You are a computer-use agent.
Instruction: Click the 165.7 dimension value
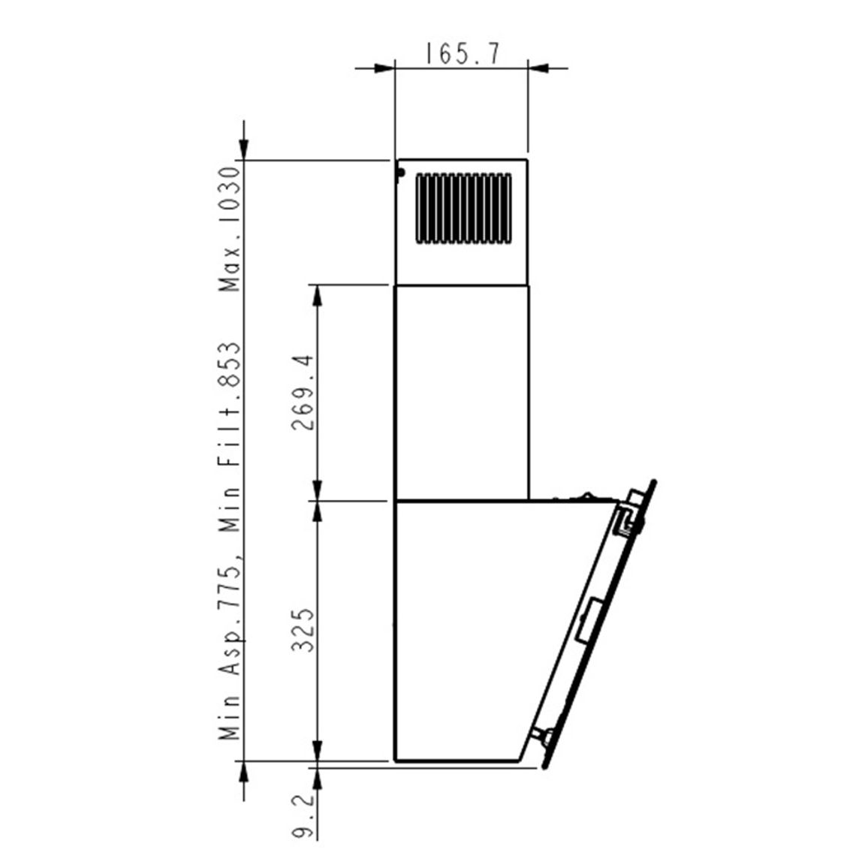(x=463, y=54)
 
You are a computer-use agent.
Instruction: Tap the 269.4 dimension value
(x=303, y=393)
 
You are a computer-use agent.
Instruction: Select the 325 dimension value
(x=303, y=631)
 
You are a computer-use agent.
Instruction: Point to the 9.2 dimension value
(x=303, y=817)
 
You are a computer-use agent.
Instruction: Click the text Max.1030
(x=231, y=229)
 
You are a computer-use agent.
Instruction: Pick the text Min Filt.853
(x=231, y=437)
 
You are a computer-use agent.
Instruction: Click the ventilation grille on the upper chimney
(x=463, y=208)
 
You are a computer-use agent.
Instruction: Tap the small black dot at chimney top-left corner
(x=400, y=173)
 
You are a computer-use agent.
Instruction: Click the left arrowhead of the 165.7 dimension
(x=384, y=68)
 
